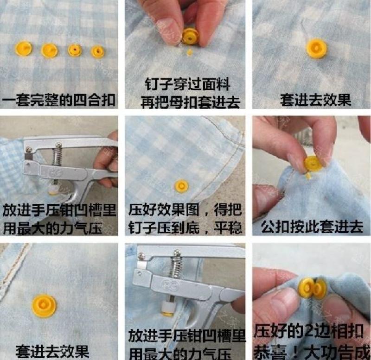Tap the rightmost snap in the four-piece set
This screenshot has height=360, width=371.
tap(97, 51)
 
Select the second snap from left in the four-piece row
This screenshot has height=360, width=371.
tap(49, 50)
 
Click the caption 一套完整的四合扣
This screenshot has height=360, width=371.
tap(59, 100)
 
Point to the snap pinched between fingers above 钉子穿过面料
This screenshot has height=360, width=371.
tap(190, 36)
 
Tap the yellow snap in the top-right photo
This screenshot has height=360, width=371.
tap(316, 48)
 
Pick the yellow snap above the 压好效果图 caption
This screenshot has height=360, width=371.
tap(182, 187)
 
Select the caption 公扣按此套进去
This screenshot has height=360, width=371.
tap(312, 227)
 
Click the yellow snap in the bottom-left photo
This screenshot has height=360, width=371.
tap(45, 306)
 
